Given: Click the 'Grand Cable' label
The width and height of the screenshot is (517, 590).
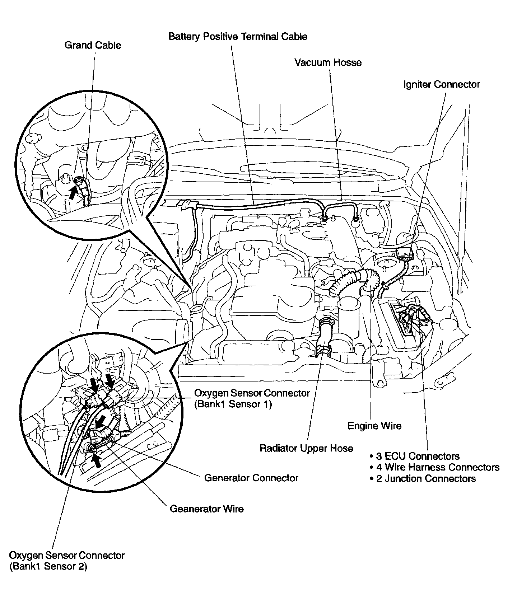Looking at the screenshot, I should click(x=93, y=45).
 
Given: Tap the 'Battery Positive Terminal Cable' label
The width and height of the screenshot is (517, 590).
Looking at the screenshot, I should click(x=238, y=36).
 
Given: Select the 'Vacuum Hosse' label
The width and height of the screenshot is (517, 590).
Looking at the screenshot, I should click(x=328, y=62).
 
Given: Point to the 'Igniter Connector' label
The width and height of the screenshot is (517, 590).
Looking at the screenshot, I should click(x=441, y=84).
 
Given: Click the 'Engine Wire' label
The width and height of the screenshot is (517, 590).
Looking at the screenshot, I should click(x=374, y=426).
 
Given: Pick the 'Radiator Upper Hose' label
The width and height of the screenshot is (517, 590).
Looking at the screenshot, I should click(x=306, y=448).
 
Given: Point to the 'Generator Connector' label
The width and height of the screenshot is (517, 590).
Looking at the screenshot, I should click(x=251, y=478).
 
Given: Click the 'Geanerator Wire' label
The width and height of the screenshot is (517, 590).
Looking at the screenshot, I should click(x=206, y=509).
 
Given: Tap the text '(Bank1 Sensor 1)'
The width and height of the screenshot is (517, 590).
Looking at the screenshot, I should click(x=233, y=404).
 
